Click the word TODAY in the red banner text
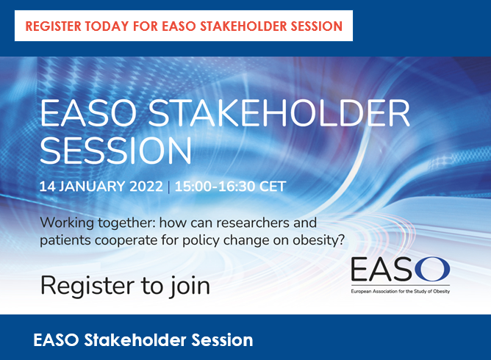[107, 26]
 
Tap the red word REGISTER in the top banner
[53, 26]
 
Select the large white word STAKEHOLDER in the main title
[279, 113]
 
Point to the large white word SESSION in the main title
[115, 151]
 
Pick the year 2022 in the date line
[146, 187]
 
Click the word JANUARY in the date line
[93, 187]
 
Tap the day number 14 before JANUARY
[47, 187]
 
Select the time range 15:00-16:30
[215, 187]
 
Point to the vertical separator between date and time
[169, 187]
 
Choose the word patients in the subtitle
[65, 241]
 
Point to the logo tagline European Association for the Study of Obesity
[400, 292]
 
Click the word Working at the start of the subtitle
[67, 223]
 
